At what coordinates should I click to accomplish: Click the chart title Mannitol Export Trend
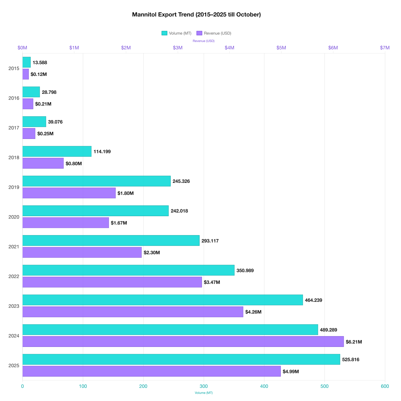pyautogui.click(x=196, y=14)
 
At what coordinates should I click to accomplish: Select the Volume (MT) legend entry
pyautogui.click(x=176, y=33)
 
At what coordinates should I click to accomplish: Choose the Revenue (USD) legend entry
pyautogui.click(x=214, y=33)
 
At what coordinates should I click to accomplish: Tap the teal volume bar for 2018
pyautogui.click(x=57, y=151)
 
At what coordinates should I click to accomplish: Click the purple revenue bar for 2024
pyautogui.click(x=183, y=341)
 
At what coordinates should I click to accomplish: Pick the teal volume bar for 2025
pyautogui.click(x=181, y=359)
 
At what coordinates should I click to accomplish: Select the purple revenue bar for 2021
pyautogui.click(x=82, y=252)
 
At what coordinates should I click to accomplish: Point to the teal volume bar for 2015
pyautogui.click(x=26, y=62)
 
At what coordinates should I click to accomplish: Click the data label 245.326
pyautogui.click(x=181, y=181)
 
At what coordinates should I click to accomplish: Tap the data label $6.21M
pyautogui.click(x=354, y=342)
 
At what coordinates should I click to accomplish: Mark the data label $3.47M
pyautogui.click(x=212, y=282)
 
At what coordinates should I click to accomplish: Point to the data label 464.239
pyautogui.click(x=313, y=300)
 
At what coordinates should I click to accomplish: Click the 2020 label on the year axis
pyautogui.click(x=14, y=217)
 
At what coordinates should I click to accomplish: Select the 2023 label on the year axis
pyautogui.click(x=14, y=306)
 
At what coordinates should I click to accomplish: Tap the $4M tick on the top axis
pyautogui.click(x=229, y=48)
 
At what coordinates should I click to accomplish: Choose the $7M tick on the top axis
pyautogui.click(x=384, y=48)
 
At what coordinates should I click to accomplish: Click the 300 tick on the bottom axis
pyautogui.click(x=204, y=386)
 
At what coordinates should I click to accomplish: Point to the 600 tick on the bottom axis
pyautogui.click(x=385, y=386)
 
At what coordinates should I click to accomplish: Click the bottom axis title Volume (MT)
pyautogui.click(x=204, y=393)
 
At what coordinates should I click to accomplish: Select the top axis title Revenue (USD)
pyautogui.click(x=203, y=41)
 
